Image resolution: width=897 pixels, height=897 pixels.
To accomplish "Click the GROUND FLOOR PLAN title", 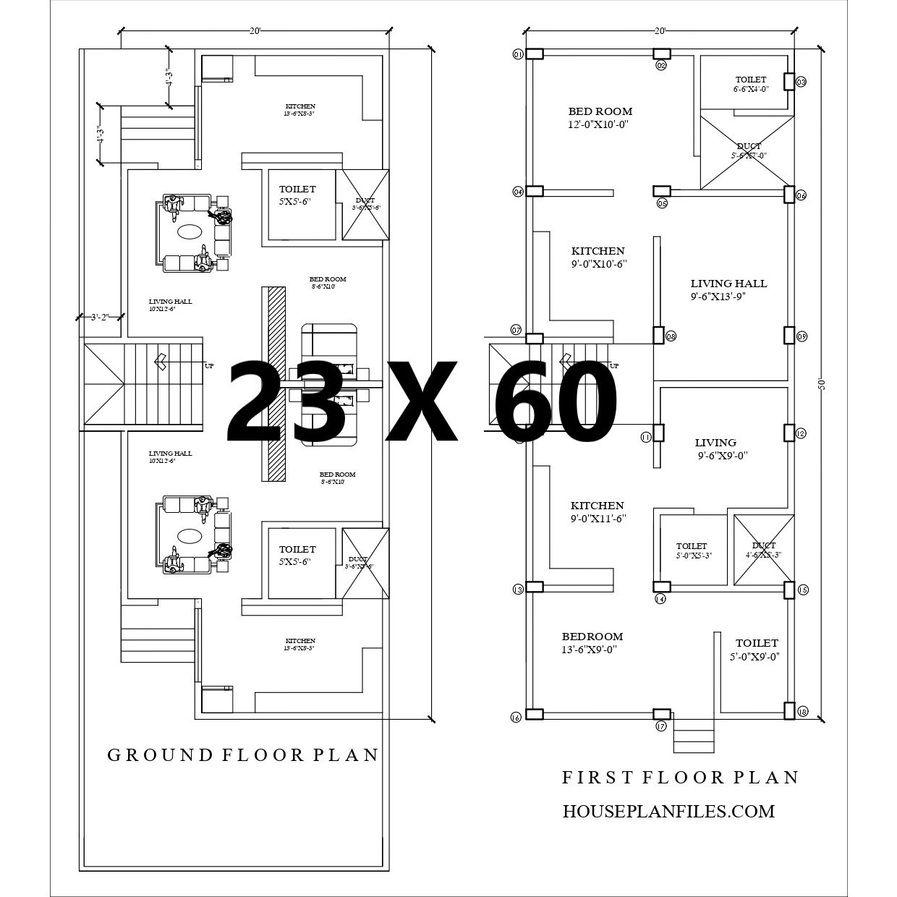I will pos(243,755).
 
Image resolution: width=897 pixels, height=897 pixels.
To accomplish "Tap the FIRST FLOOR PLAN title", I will pos(681,778).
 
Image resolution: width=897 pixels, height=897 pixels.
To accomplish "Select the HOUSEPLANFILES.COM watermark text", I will pos(668,812).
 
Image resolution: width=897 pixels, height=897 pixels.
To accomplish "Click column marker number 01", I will pos(517,55).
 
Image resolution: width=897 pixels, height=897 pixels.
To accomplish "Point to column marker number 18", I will pos(803,713).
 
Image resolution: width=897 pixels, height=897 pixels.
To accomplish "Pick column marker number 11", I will pos(645,436).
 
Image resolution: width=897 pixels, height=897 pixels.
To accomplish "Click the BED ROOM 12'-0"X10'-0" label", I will pos(600,118).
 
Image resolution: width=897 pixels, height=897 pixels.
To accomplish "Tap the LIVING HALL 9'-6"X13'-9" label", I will pos(728,289).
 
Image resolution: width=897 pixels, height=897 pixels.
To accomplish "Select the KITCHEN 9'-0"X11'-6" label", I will pos(597,511).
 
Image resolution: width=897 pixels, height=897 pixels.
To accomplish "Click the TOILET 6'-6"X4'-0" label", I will pos(751,84).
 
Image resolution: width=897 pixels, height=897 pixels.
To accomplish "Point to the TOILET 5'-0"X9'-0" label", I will pos(757,650).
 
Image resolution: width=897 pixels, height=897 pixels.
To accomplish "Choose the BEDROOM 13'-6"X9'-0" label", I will pos(592,642).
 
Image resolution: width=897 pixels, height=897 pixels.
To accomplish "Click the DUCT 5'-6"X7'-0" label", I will pos(749,150).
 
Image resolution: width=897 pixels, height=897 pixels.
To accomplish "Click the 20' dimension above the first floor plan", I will pos(659,31).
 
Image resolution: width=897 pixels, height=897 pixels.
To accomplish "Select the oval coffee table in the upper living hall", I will pos(190,231).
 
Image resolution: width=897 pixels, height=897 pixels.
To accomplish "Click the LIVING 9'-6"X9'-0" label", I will pos(715,448).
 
